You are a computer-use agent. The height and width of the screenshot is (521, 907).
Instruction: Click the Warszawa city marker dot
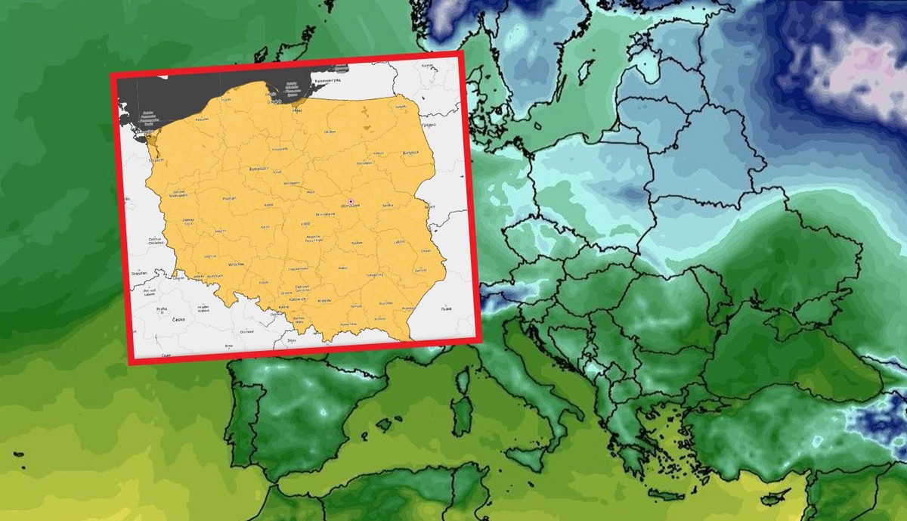(x=351, y=201)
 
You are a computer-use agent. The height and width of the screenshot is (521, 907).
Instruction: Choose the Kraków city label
(x=324, y=301)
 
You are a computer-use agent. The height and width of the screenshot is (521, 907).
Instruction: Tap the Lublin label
(x=398, y=243)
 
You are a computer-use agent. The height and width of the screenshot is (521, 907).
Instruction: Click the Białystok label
(x=410, y=153)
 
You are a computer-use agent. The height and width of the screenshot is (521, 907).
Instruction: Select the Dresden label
(x=138, y=273)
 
